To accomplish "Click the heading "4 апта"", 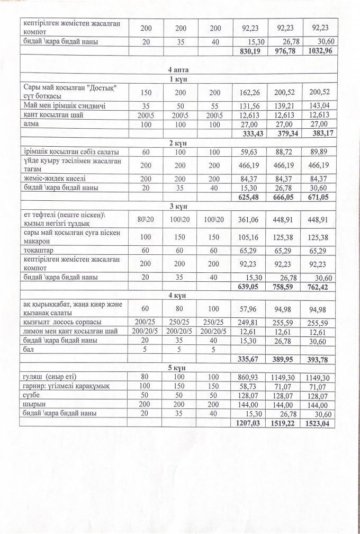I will click(x=178, y=69).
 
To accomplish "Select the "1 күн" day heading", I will click(x=178, y=79).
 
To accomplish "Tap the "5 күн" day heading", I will click(x=178, y=368).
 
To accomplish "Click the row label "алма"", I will click(x=31, y=123).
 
